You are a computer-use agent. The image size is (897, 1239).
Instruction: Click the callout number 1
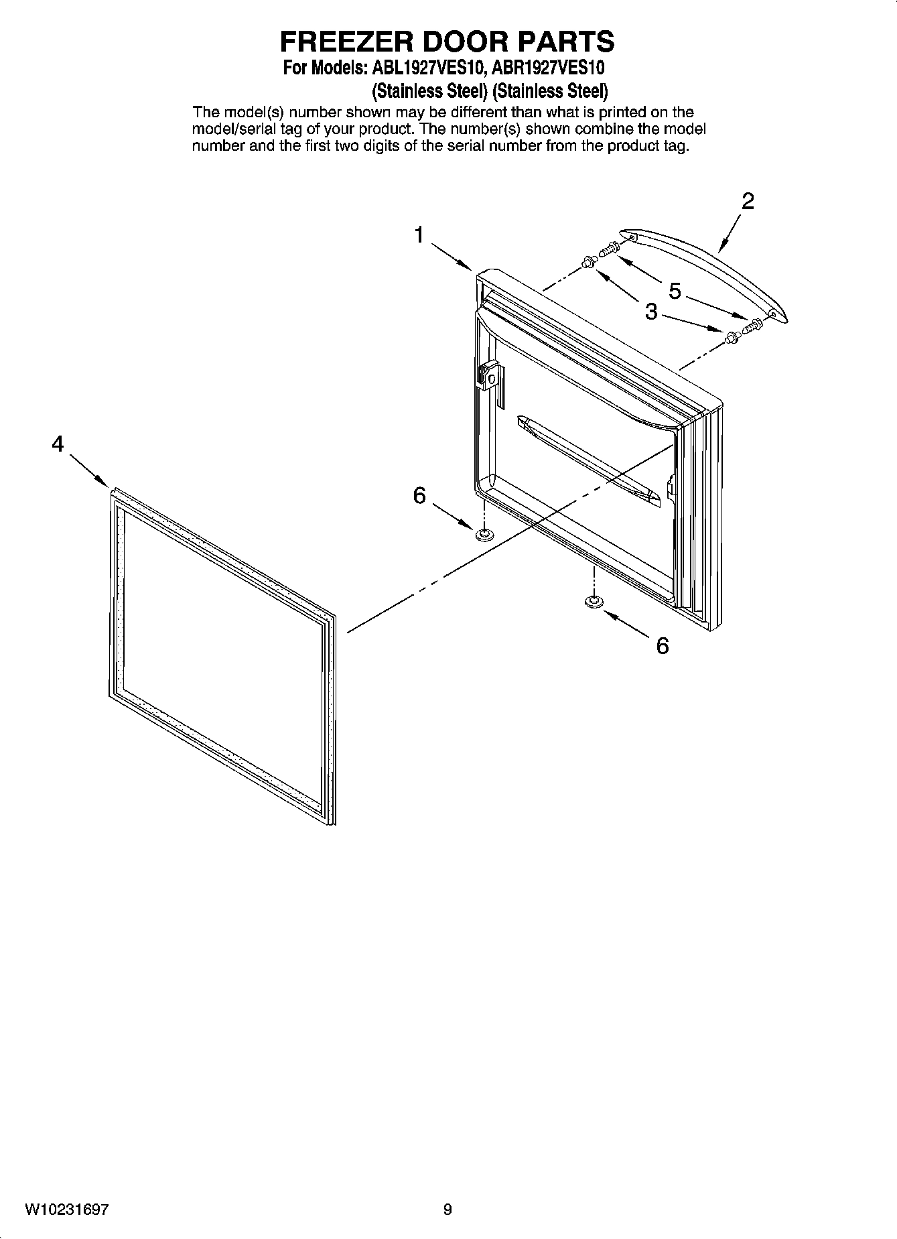[x=419, y=235]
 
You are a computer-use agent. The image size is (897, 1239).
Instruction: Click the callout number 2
[x=748, y=201]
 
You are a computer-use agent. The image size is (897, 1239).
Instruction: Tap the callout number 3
[x=651, y=312]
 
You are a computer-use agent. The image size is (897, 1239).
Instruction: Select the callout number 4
[x=58, y=444]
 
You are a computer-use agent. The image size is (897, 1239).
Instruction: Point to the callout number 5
[x=675, y=291]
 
